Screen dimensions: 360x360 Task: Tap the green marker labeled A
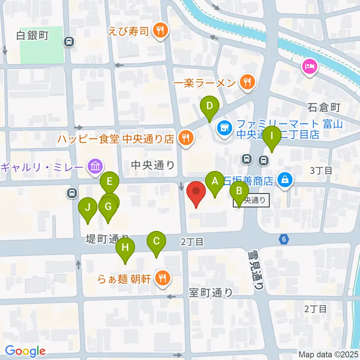click(215, 181)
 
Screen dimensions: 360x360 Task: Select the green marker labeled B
click(238, 192)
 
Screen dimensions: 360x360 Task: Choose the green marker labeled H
click(125, 248)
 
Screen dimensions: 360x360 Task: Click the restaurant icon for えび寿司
click(161, 31)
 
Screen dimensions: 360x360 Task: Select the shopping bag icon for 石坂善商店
click(285, 180)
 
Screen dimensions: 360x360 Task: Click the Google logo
click(25, 351)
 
